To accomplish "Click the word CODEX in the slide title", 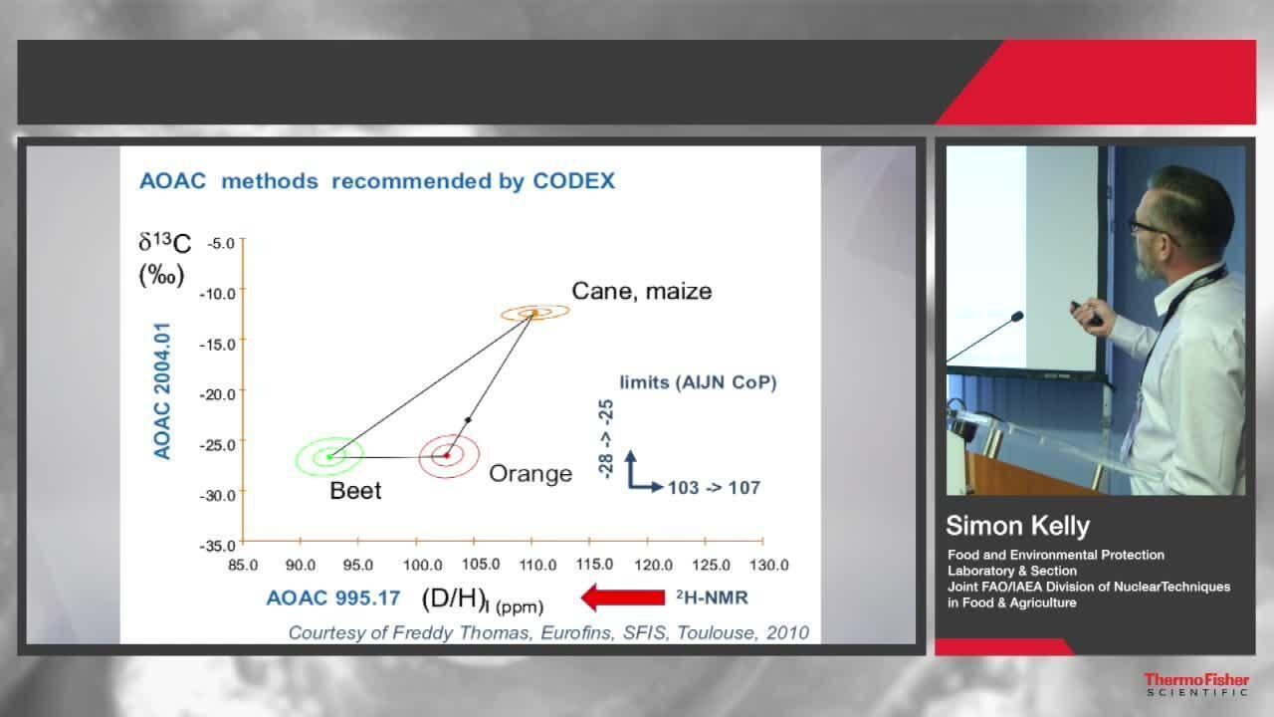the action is click(x=574, y=181).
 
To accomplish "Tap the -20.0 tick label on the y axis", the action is click(x=217, y=394).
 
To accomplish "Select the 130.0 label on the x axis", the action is click(x=769, y=565).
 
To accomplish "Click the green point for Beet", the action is click(x=329, y=457).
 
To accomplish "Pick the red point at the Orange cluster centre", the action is click(x=447, y=456).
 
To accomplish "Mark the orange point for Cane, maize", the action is click(x=534, y=313).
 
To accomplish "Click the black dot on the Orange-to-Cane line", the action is click(x=468, y=420).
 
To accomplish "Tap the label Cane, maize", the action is click(x=642, y=292).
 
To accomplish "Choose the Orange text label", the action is click(x=531, y=474).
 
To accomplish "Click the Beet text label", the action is click(x=355, y=491).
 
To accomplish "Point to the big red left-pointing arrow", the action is click(x=623, y=597).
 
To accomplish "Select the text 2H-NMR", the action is click(x=712, y=597).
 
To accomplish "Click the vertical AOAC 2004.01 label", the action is click(x=162, y=391).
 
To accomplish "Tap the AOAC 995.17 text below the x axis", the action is click(x=333, y=598).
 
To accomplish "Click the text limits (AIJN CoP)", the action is click(x=699, y=382).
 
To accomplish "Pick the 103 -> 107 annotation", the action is click(x=714, y=488).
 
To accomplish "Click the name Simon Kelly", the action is click(x=1017, y=526).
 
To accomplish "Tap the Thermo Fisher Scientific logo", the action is click(x=1196, y=684).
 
